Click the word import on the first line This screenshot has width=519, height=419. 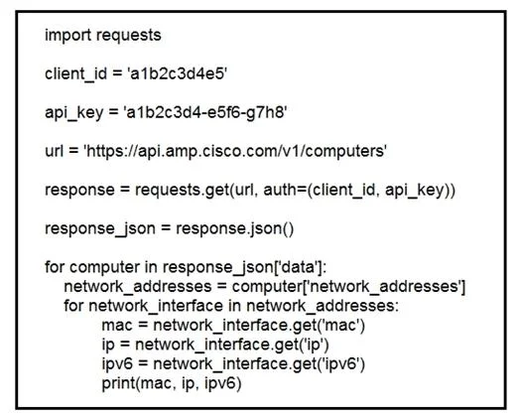67,36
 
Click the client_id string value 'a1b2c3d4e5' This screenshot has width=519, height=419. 178,73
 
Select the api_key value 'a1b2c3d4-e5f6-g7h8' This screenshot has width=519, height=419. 204,112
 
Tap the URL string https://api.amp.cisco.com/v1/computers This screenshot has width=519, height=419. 235,151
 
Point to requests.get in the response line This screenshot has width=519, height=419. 182,190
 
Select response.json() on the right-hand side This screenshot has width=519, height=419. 234,229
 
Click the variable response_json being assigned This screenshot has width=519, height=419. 100,229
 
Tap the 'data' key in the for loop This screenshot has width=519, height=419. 299,267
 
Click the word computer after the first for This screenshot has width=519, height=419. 104,268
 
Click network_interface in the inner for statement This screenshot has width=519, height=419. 156,306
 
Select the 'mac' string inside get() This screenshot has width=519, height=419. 341,326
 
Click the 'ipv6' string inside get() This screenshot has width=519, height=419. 341,364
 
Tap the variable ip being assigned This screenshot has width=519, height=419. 108,345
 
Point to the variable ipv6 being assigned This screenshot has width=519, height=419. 117,364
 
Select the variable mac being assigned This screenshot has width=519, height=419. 117,326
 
